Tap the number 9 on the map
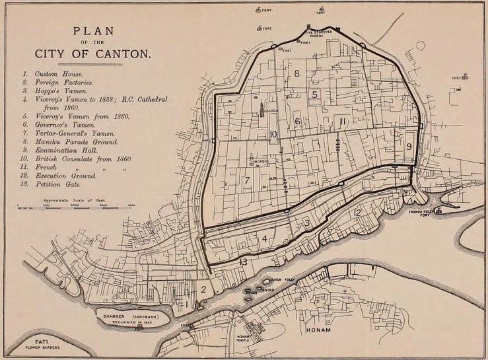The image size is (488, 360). [409, 146]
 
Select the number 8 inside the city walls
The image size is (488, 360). [297, 73]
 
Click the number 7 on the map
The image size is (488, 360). [246, 180]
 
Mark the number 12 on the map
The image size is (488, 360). [357, 212]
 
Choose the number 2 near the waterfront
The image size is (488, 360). [204, 289]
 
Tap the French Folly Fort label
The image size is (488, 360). [424, 213]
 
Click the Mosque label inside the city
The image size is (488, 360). [259, 161]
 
